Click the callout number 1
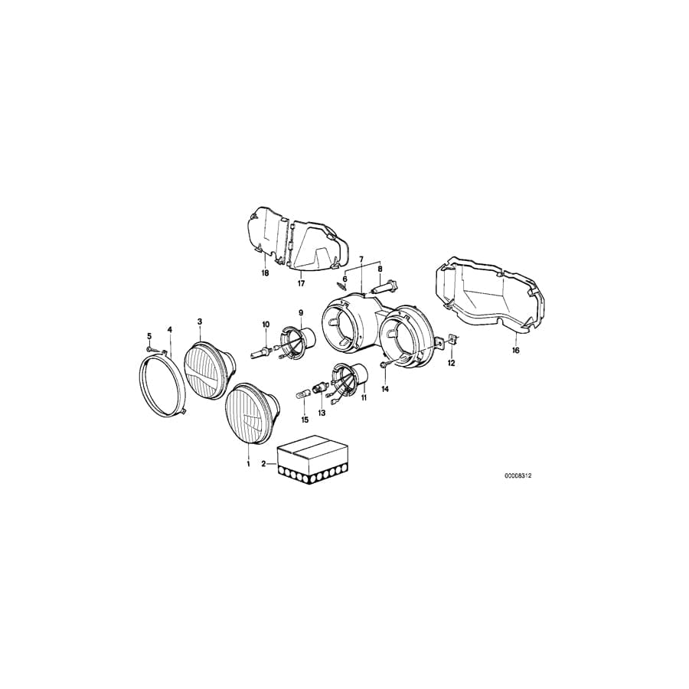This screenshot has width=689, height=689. point(247,464)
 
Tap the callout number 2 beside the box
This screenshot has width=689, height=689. point(263,464)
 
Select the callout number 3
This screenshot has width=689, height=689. point(199,322)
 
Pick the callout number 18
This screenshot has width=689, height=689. point(265,273)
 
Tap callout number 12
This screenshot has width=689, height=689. point(451,363)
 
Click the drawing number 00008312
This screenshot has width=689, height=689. point(518,475)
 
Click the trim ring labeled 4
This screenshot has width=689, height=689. point(162,386)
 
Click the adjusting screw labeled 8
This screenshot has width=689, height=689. point(383,289)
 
